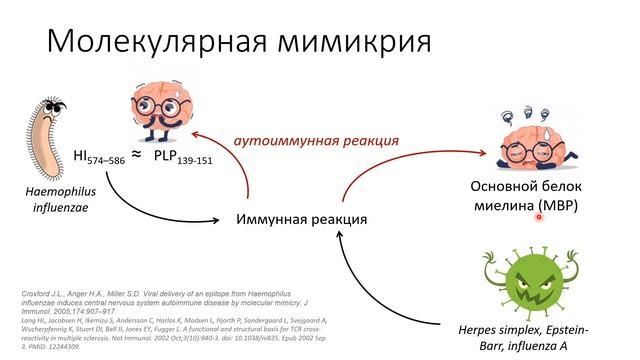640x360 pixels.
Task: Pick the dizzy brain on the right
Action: (x=541, y=134)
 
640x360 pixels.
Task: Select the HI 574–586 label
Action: (x=98, y=158)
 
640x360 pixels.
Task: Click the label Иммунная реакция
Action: (x=301, y=218)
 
